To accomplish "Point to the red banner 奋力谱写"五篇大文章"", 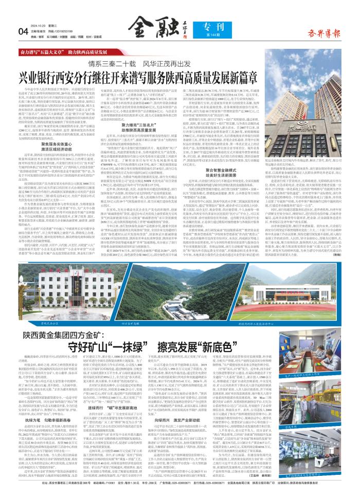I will [x=67, y=52].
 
